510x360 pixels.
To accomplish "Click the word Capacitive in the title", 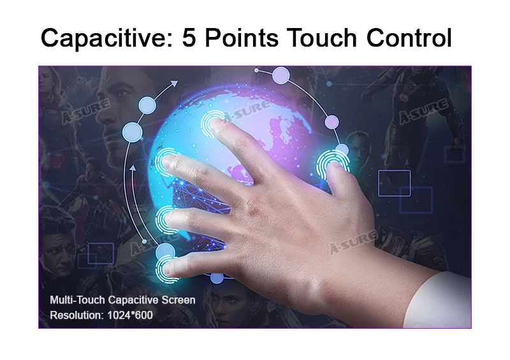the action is [106, 38].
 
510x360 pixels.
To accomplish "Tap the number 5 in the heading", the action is [189, 38].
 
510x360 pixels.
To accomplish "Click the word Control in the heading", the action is [409, 38].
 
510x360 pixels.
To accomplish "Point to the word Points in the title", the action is [242, 38].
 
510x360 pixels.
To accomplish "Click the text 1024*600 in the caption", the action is [130, 315].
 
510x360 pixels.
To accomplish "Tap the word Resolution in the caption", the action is [76, 315].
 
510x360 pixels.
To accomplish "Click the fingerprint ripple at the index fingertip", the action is [213, 124].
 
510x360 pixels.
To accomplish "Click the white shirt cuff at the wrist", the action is [439, 300].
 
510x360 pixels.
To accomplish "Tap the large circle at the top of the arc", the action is [280, 75].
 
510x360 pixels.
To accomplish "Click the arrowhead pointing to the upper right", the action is [175, 83].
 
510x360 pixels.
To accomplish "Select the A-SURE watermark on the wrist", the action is [354, 242].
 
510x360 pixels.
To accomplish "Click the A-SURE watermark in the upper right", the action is [423, 112].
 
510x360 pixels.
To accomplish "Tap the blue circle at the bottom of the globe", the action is [217, 278].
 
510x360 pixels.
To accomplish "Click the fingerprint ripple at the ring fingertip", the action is [168, 220].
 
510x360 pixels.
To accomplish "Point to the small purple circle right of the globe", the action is [331, 122].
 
